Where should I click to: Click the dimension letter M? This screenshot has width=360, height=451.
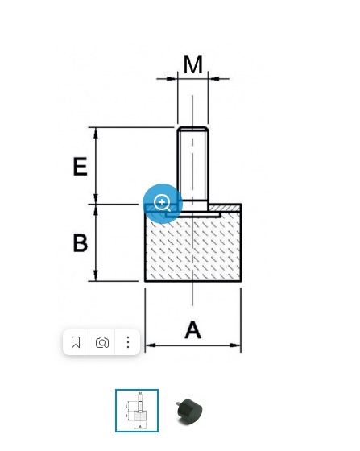click(193, 64)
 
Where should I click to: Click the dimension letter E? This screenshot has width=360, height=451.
click(81, 166)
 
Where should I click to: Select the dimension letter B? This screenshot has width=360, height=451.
click(81, 243)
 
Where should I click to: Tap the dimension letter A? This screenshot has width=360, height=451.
click(192, 329)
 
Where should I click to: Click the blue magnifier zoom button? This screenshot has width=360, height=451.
click(163, 203)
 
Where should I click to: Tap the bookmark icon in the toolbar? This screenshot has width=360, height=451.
click(76, 342)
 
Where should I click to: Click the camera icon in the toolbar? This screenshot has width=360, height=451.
click(102, 343)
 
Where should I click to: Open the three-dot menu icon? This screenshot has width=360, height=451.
click(128, 342)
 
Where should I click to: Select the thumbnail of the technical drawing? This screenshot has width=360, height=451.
click(137, 411)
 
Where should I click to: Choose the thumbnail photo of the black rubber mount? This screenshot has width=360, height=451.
click(189, 411)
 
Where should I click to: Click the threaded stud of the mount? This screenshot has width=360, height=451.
click(192, 164)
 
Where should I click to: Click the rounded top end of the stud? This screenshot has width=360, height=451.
click(192, 129)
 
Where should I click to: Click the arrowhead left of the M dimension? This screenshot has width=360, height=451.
click(172, 78)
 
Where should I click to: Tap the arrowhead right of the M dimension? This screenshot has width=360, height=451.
click(213, 78)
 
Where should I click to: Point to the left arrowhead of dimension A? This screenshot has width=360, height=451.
click(151, 345)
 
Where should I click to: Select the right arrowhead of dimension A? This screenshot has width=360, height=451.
click(235, 345)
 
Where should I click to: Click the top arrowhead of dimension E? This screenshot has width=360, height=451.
click(96, 133)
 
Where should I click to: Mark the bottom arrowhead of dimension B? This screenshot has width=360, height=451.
click(96, 275)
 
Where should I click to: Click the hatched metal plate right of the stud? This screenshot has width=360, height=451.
click(226, 208)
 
